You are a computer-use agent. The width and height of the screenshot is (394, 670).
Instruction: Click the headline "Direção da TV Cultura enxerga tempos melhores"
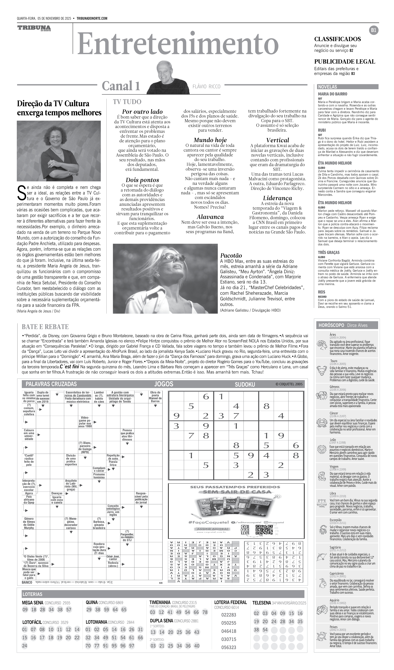(x=59, y=108)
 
